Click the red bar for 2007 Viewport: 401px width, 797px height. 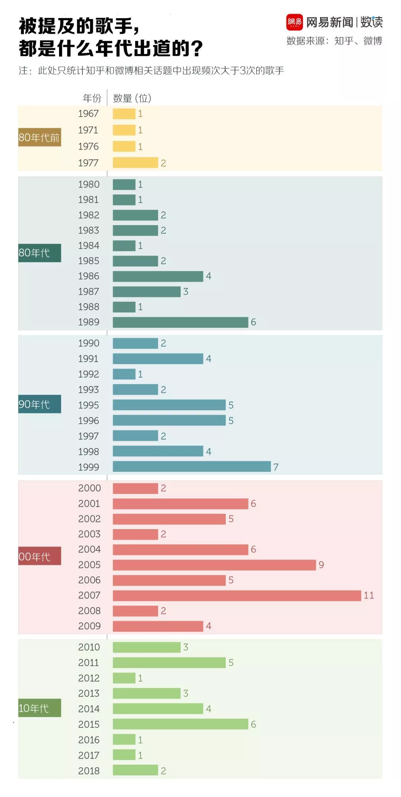click(237, 595)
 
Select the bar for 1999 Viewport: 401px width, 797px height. click(192, 467)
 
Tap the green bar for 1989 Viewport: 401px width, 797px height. click(180, 322)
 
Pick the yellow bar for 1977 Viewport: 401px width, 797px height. click(136, 163)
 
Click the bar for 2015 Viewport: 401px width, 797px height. click(180, 724)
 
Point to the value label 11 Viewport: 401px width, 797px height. click(369, 595)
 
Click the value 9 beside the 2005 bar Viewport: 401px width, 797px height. click(321, 565)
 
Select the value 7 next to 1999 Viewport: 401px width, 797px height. click(276, 467)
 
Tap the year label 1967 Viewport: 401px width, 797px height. click(88, 113)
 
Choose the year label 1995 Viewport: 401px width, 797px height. click(88, 405)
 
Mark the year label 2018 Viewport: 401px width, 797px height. click(89, 771)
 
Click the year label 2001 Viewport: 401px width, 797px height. click(89, 503)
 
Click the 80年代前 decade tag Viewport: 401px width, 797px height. click(39, 137)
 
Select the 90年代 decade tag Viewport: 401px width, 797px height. click(39, 404)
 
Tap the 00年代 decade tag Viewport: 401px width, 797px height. click(39, 556)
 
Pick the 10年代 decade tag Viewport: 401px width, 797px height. click(39, 708)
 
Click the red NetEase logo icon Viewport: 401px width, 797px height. click(294, 22)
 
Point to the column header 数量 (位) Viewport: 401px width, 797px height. click(132, 98)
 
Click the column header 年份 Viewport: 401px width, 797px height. click(92, 98)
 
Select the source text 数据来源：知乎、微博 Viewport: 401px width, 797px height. click(334, 41)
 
